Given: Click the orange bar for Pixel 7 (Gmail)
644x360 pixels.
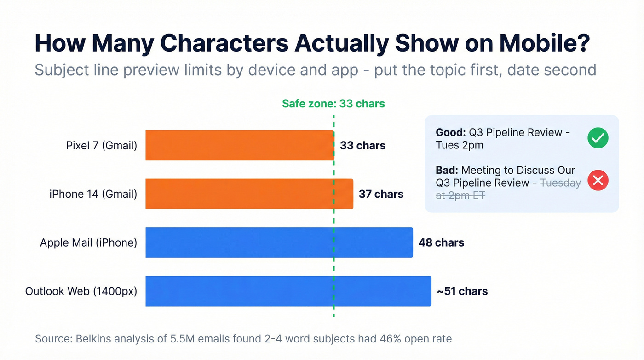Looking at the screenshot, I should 240,145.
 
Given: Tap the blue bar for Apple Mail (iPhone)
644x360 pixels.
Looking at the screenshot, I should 279,242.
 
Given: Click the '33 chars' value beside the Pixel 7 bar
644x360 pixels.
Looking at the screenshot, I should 362,146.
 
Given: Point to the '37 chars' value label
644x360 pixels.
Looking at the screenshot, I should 381,194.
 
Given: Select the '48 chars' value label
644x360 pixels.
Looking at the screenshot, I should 441,242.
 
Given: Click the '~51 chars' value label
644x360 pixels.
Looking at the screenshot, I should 462,291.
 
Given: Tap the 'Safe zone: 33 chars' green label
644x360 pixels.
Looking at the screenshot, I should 333,104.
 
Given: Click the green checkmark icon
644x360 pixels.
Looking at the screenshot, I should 598,138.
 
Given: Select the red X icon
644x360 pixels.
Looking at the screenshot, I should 598,180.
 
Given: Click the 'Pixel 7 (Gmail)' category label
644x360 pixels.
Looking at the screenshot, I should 102,146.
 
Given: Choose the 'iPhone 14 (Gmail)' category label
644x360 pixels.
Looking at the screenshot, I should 93,194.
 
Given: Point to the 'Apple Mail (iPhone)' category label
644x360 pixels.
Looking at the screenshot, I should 88,242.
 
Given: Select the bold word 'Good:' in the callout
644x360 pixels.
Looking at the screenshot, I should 451,133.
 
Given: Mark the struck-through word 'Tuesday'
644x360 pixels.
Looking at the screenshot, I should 560,183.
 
